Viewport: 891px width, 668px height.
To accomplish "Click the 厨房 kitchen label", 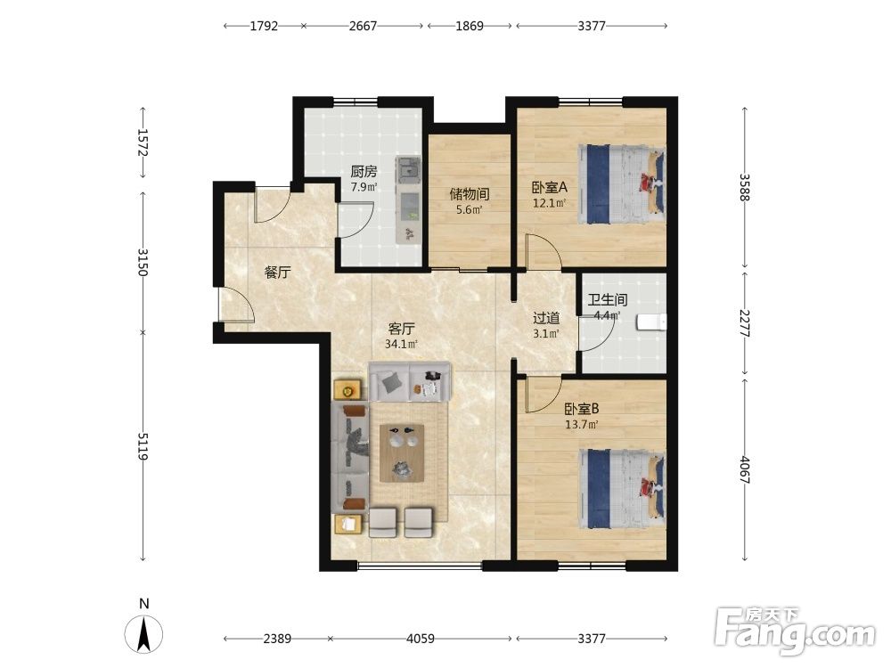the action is tap(364, 172).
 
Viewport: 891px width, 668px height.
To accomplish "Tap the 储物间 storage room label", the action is tap(470, 194).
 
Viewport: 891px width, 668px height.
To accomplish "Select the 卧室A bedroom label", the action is tap(550, 187).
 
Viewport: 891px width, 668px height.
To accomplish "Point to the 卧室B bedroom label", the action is tap(581, 409).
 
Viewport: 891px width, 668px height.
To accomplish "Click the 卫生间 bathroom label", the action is tap(608, 299).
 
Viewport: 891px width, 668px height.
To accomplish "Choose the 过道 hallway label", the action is tap(546, 318).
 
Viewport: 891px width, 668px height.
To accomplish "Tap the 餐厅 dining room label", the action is tap(277, 273).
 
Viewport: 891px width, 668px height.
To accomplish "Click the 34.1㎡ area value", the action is tap(401, 344).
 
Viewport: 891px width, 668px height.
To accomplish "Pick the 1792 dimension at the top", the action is tap(264, 26).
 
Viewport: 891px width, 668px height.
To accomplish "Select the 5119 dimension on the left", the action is tap(143, 446).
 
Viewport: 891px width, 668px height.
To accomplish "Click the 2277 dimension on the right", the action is tap(744, 323).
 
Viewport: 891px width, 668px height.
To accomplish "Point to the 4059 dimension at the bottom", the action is tap(421, 639).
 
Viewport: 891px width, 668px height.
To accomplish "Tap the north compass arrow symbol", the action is tap(144, 634).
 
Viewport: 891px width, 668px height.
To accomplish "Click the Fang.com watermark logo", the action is tap(796, 631).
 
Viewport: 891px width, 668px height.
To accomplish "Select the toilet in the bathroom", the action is tap(652, 322).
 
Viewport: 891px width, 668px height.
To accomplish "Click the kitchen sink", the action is tap(408, 168).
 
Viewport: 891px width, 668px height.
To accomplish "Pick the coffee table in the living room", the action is tap(402, 452).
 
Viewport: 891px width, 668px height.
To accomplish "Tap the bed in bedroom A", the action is tap(622, 184).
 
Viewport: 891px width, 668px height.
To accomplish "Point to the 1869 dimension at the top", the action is tap(470, 26).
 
